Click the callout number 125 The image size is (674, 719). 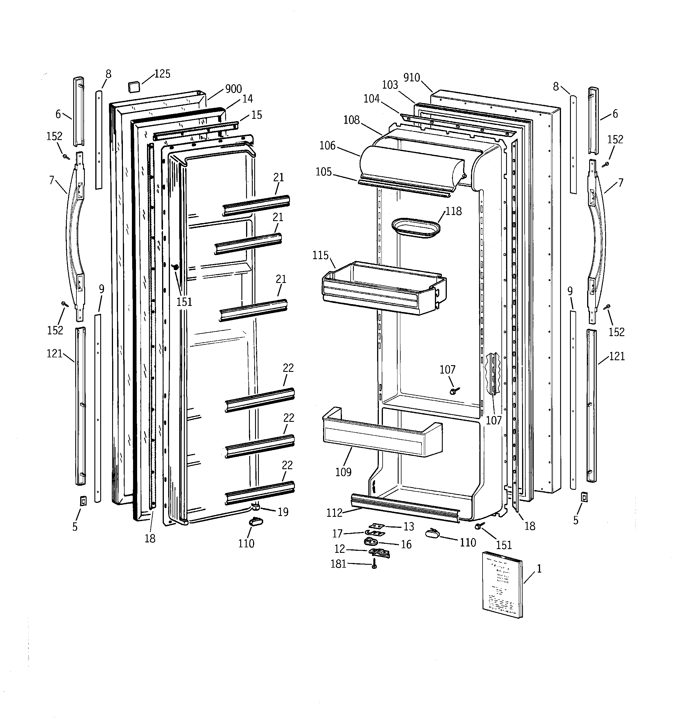(x=162, y=74)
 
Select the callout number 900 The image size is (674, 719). (x=233, y=89)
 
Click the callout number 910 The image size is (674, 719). (x=412, y=77)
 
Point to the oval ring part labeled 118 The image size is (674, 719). (x=416, y=228)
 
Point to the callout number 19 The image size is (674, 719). (x=283, y=512)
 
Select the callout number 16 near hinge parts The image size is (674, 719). (x=406, y=544)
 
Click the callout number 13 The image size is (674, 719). (x=408, y=527)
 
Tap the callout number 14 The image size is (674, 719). (x=248, y=99)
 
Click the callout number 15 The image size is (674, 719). (x=257, y=115)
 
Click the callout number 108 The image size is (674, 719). (x=351, y=120)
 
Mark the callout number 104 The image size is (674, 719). (x=372, y=98)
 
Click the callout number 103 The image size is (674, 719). (x=390, y=85)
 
